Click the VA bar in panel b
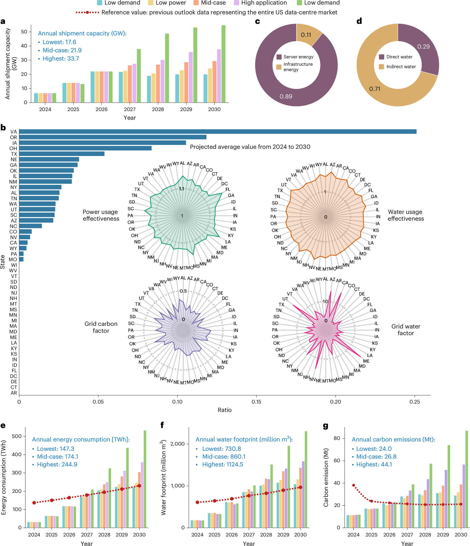coord(218,131)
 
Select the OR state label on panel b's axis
coord(13,137)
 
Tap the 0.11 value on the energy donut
coord(306,35)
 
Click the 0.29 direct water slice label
coord(423,47)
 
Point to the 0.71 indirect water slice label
coord(374,89)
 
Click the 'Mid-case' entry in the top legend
coord(213,3)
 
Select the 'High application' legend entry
coord(264,3)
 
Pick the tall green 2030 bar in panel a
coord(223,64)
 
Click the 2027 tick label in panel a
coord(130,109)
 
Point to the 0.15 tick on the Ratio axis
coord(256,402)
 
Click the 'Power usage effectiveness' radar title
coord(101,215)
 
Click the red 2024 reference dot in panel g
coord(353,485)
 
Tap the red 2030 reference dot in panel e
coord(139,486)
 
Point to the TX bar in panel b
coord(62,154)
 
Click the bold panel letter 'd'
coord(359,21)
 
